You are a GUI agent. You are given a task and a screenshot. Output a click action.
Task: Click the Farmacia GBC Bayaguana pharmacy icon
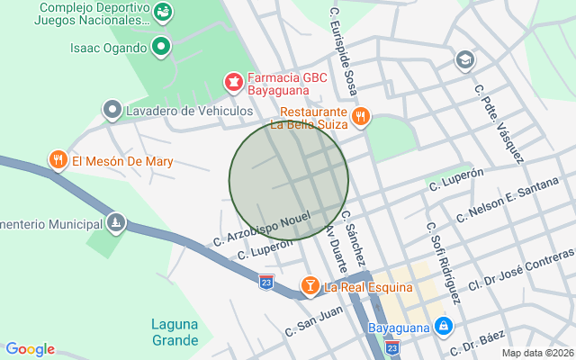234,84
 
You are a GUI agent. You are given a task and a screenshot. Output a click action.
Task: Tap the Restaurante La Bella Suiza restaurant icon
360,115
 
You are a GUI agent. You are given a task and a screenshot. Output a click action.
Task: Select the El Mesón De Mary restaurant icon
58,161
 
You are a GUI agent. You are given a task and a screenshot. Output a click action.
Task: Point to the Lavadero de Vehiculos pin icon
112,111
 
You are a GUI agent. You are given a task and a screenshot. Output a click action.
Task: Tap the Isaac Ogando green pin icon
161,47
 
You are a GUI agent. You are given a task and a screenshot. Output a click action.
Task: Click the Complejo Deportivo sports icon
163,12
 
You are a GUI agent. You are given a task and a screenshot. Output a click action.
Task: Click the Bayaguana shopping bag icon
442,326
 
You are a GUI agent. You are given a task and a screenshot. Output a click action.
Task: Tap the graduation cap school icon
464,60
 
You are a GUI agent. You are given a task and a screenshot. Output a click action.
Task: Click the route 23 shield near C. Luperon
265,282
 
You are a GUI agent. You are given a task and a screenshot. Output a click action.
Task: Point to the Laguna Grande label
175,332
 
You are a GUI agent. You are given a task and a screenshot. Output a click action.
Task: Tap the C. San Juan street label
314,321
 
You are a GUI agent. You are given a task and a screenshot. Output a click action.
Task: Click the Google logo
30,349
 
